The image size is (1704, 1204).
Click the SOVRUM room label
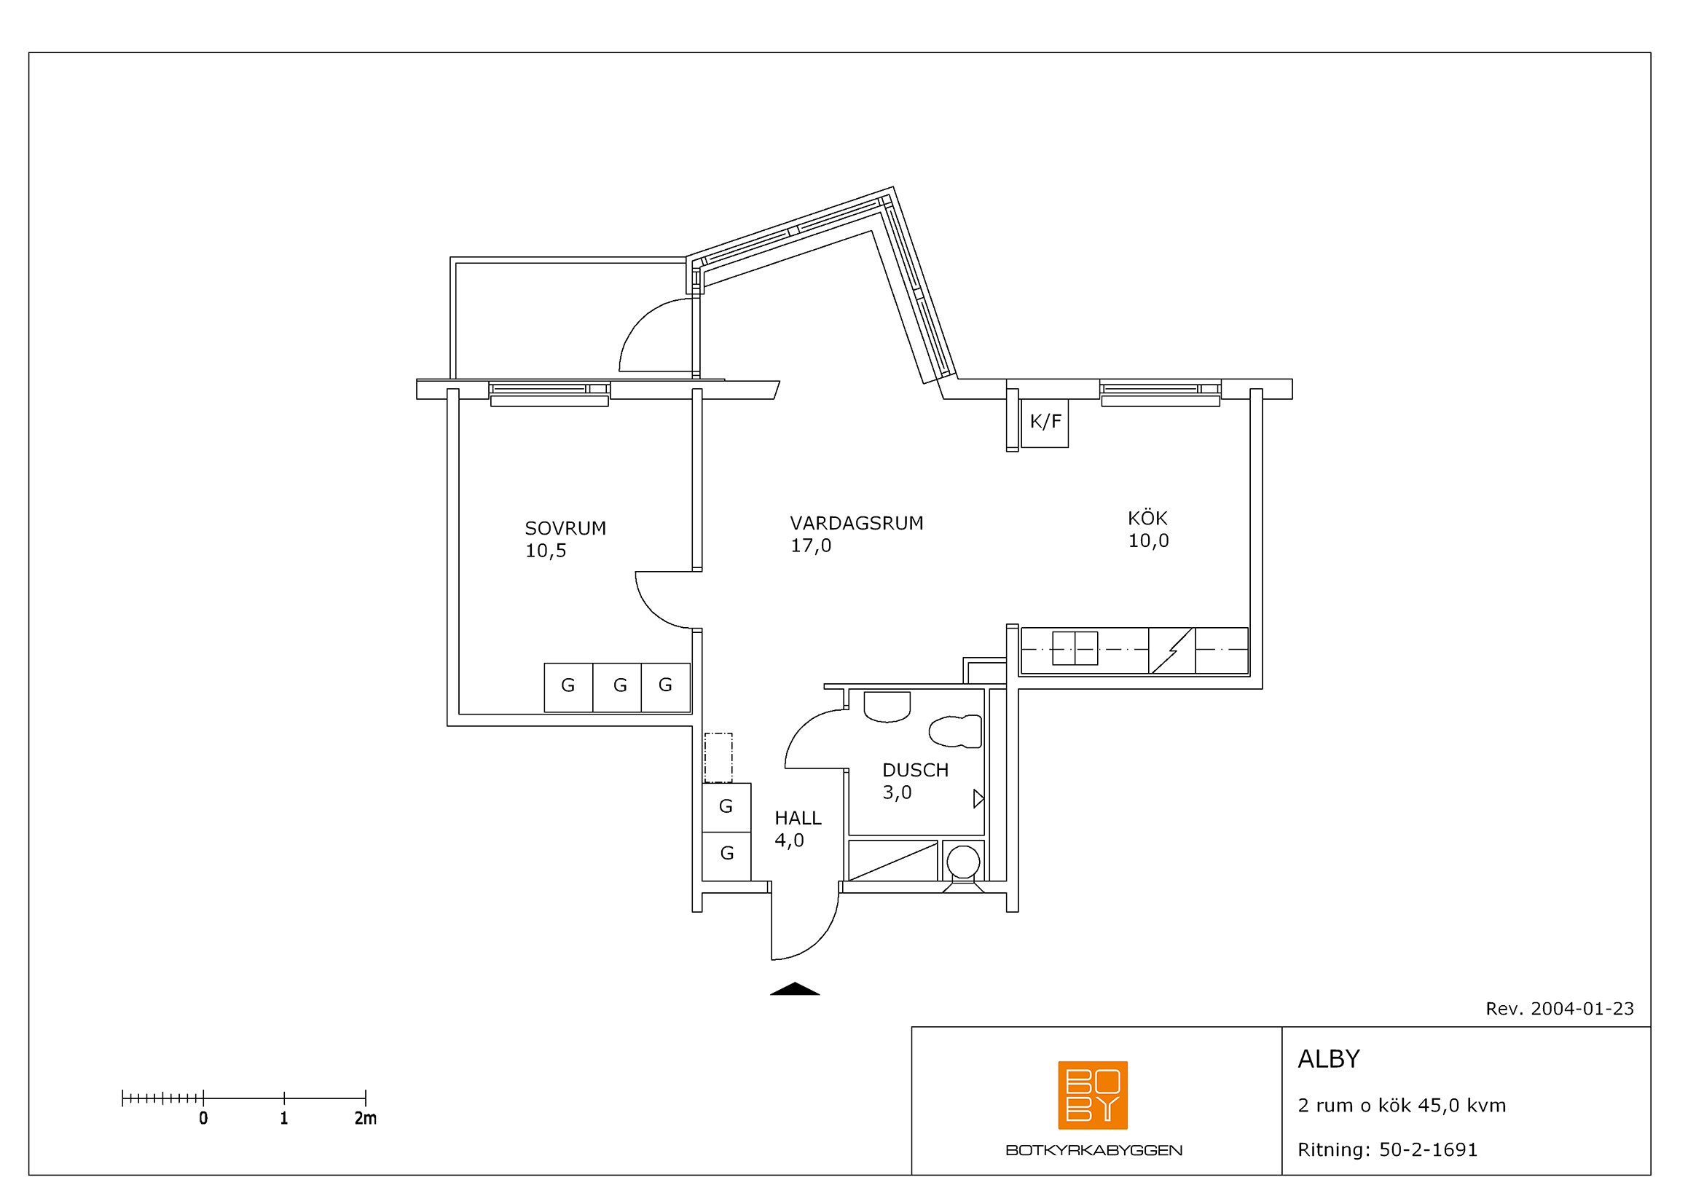tap(565, 528)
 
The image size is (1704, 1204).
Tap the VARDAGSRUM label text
tap(857, 523)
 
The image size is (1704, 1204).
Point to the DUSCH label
tap(915, 770)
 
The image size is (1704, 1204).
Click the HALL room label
tap(798, 817)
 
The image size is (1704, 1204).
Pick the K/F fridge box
tap(1044, 423)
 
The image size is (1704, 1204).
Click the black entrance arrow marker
tap(795, 988)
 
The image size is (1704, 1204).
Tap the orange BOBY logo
tap(1093, 1095)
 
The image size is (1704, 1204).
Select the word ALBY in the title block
tap(1329, 1059)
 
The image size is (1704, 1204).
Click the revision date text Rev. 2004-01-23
tap(1559, 1009)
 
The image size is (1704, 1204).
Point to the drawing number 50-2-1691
tap(1428, 1150)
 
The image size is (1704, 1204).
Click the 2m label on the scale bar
tap(365, 1118)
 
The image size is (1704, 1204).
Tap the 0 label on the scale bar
tap(203, 1118)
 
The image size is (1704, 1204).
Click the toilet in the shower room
tap(956, 731)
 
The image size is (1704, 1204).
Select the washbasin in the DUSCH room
tap(887, 707)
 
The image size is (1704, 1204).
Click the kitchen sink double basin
tap(1075, 648)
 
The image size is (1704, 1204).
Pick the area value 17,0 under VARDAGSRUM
tap(810, 546)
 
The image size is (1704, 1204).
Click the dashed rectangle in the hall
tap(718, 758)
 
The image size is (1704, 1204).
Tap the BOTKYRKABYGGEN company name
tap(1094, 1151)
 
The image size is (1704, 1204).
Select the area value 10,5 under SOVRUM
tap(546, 551)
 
